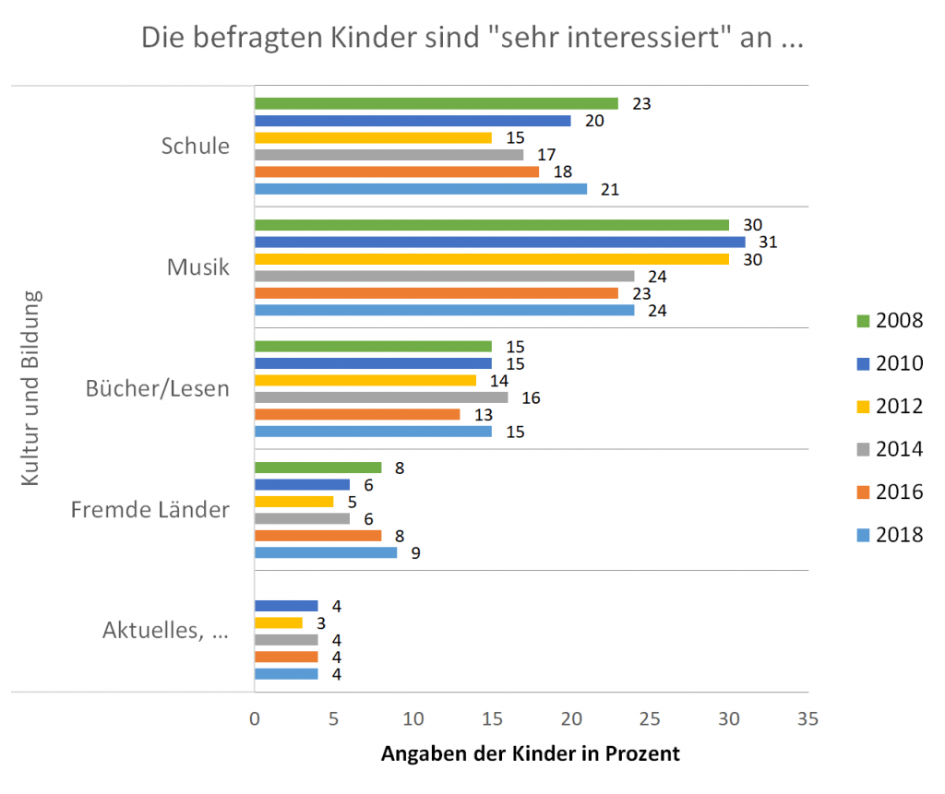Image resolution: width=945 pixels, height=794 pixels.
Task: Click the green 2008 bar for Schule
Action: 436,103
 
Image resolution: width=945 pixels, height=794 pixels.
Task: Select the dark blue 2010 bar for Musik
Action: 498,242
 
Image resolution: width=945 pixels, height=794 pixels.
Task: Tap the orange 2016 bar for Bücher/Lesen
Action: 356,414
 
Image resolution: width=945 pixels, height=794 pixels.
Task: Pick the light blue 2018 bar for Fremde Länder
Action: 325,552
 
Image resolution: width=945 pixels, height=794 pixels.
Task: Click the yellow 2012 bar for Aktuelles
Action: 278,622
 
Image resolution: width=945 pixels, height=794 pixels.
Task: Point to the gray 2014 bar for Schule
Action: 389,155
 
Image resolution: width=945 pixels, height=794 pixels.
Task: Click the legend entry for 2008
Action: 885,320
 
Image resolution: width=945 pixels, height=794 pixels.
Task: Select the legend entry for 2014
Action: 885,449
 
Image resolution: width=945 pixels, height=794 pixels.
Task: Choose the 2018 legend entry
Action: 885,535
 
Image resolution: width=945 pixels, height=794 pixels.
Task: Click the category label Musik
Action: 197,267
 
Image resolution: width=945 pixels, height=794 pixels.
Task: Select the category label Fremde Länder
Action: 150,509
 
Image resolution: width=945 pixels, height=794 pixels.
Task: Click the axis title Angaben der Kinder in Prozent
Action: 531,753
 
